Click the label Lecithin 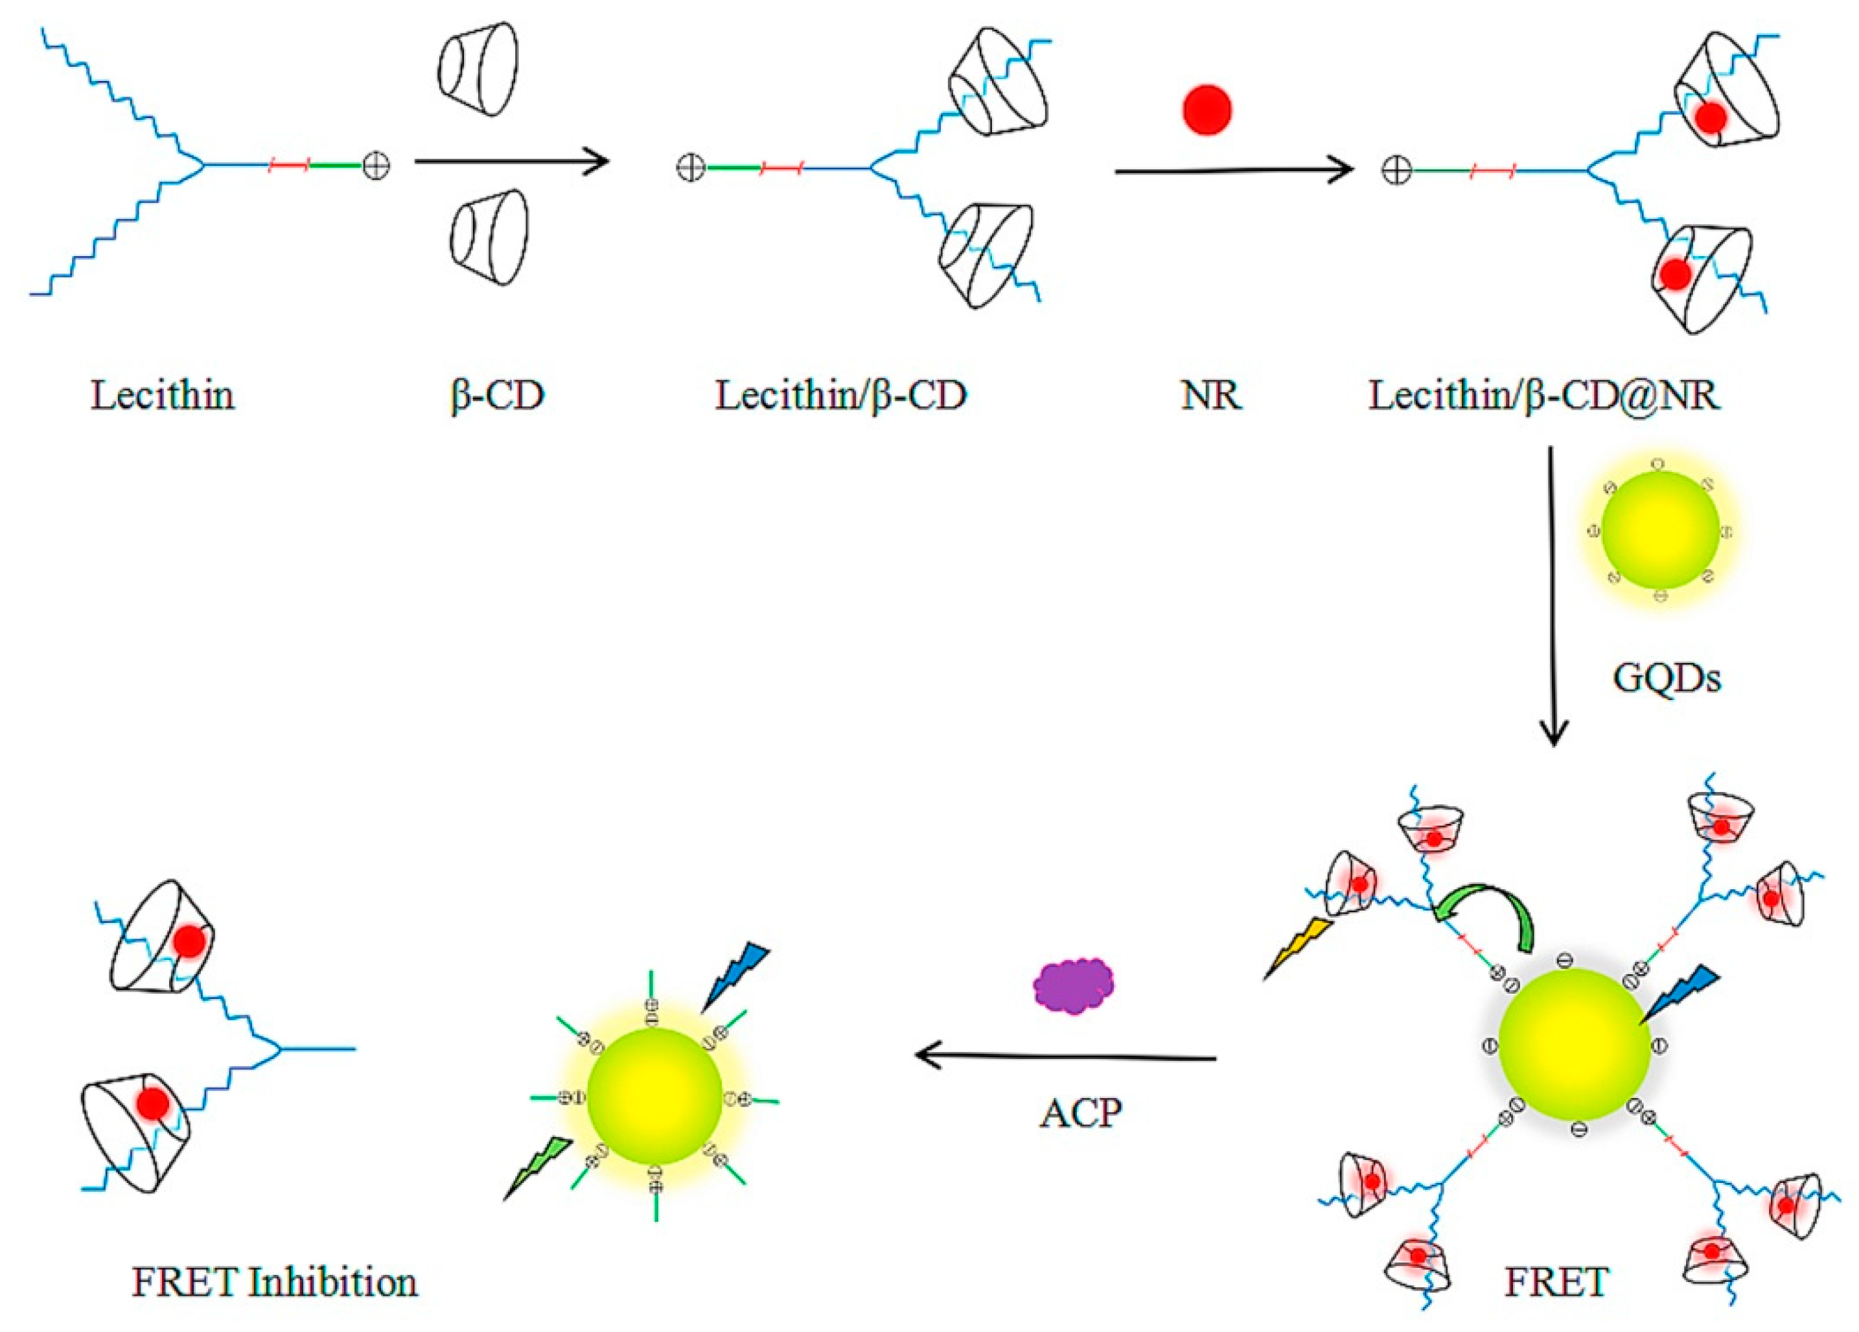162,396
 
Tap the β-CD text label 498,396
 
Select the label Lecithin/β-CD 841,396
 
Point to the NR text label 1210,396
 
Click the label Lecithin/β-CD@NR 1544,396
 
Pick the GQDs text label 1667,677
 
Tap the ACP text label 1080,1112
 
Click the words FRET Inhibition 275,1282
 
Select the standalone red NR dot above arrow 1207,108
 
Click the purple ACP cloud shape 1073,987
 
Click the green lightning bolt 538,1168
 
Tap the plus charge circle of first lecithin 376,167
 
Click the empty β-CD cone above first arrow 478,68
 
